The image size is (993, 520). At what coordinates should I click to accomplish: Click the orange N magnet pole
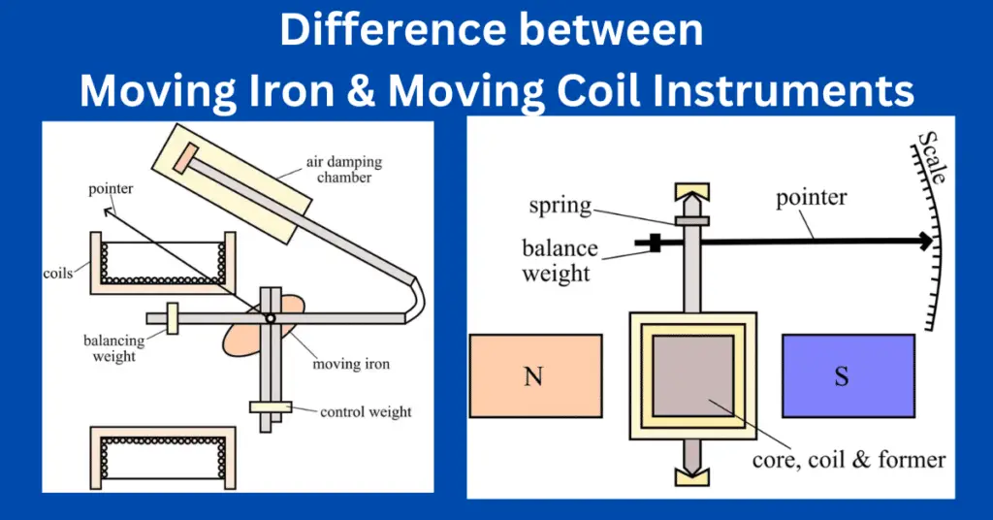[532, 375]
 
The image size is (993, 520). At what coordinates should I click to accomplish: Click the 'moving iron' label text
[351, 365]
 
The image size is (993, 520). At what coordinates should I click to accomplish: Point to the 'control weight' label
[366, 411]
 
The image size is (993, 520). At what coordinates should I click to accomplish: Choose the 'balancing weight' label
[113, 348]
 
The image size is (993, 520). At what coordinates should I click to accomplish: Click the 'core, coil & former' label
[848, 459]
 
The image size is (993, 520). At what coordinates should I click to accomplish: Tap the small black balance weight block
[656, 243]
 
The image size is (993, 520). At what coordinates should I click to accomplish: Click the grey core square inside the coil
[691, 374]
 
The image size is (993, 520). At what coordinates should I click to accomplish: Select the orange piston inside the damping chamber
[184, 159]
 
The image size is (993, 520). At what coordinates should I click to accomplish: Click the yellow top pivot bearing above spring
[691, 190]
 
